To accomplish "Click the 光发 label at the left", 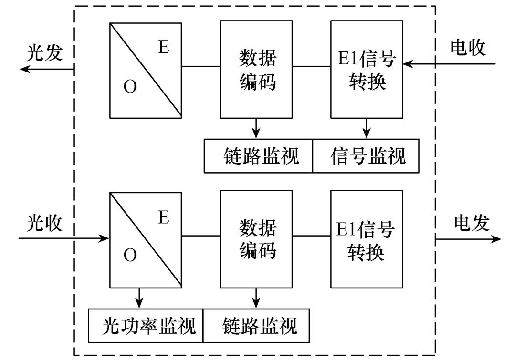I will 44,53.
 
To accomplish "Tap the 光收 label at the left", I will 44,223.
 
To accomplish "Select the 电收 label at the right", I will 468,48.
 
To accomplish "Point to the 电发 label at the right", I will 472,223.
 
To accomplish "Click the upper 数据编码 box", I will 256,69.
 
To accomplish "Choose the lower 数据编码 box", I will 256,239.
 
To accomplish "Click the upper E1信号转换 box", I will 367,69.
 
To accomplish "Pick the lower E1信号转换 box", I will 367,239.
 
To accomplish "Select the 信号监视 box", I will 366,156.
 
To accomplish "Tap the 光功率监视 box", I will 146,326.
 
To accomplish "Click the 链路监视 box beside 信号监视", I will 259,156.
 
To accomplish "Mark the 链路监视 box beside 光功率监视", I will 259,326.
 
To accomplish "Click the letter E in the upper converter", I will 164,48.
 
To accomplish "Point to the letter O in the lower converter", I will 130,256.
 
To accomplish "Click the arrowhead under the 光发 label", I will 25,69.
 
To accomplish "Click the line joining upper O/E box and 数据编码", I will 201,66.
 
